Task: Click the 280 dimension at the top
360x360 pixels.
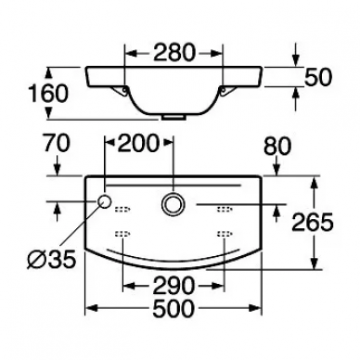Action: tap(174, 52)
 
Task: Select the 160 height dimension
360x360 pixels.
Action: tap(47, 94)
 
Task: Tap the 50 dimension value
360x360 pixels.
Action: tap(318, 77)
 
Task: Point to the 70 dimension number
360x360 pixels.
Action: tap(57, 144)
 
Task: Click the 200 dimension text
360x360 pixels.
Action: tap(138, 144)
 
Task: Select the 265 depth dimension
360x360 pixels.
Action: tap(313, 222)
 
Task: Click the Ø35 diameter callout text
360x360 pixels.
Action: tap(51, 259)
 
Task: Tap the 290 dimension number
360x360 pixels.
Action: tap(174, 286)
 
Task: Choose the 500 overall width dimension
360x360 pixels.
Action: tap(174, 308)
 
